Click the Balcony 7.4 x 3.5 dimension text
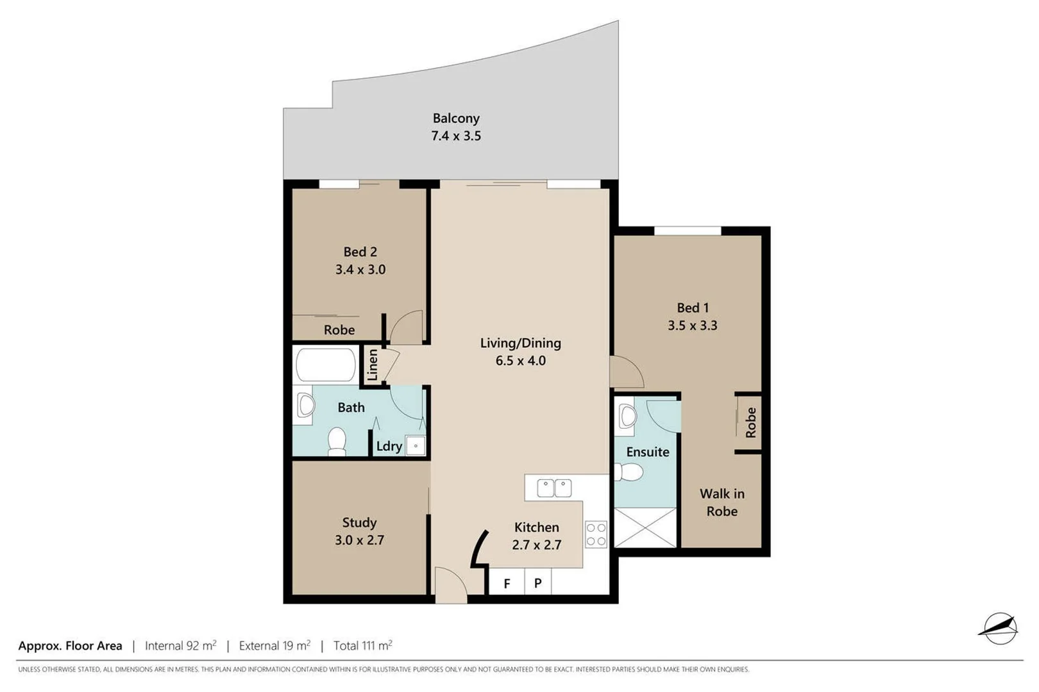(455, 136)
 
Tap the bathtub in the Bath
(325, 365)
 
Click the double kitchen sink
(554, 488)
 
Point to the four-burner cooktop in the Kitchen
(596, 534)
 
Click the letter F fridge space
(507, 584)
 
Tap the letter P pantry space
(537, 584)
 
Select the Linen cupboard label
(373, 365)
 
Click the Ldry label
(389, 447)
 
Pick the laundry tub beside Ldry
(416, 445)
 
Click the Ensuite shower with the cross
(645, 527)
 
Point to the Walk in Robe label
(722, 502)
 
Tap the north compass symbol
(998, 628)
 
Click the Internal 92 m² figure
(181, 646)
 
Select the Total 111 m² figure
(362, 646)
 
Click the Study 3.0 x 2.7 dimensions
(359, 540)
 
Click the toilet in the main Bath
(337, 441)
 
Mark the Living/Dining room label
(520, 343)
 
